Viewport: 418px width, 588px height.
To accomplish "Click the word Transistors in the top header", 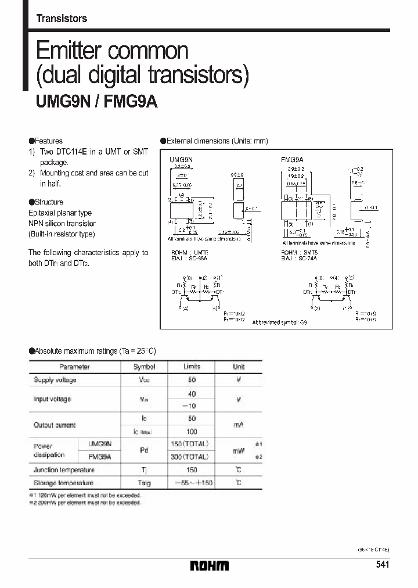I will (62, 19).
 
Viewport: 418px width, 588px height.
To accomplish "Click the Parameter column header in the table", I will (74, 367).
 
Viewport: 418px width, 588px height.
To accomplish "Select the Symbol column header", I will (145, 367).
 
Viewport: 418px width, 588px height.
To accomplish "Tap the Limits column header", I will (192, 367).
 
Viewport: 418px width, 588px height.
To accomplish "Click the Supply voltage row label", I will (55, 380).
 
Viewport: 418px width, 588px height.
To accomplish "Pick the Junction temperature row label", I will (62, 470).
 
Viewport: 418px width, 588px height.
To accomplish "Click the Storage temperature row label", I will (63, 483).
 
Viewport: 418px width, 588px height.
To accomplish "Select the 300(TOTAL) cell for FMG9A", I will (192, 457).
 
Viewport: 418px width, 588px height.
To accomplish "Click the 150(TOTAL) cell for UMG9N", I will (192, 444).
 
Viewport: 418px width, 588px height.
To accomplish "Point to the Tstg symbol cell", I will (145, 483).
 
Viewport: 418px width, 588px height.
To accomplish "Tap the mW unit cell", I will (239, 450).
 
